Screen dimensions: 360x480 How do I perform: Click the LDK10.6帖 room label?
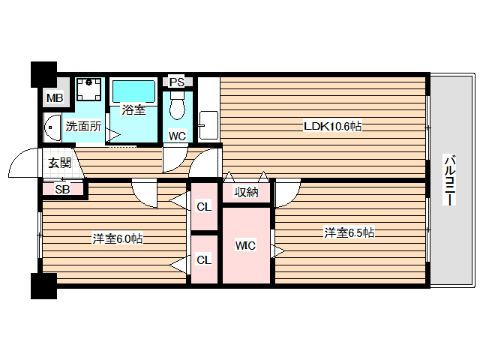click(332, 127)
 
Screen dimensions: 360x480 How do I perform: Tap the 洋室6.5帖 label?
click(349, 232)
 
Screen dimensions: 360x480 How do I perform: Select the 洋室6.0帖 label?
click(117, 239)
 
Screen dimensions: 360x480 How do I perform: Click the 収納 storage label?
click(246, 193)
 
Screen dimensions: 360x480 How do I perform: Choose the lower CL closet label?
click(203, 260)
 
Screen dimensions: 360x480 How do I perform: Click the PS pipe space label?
click(177, 82)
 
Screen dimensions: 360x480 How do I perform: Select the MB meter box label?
click(54, 98)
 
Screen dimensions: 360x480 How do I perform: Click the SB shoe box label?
click(63, 190)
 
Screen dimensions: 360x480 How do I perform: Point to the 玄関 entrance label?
click(60, 163)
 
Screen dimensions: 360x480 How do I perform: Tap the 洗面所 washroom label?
click(82, 126)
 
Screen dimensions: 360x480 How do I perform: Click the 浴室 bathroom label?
click(133, 109)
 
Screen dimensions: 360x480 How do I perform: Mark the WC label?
click(177, 136)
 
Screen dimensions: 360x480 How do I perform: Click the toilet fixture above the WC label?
click(177, 106)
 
